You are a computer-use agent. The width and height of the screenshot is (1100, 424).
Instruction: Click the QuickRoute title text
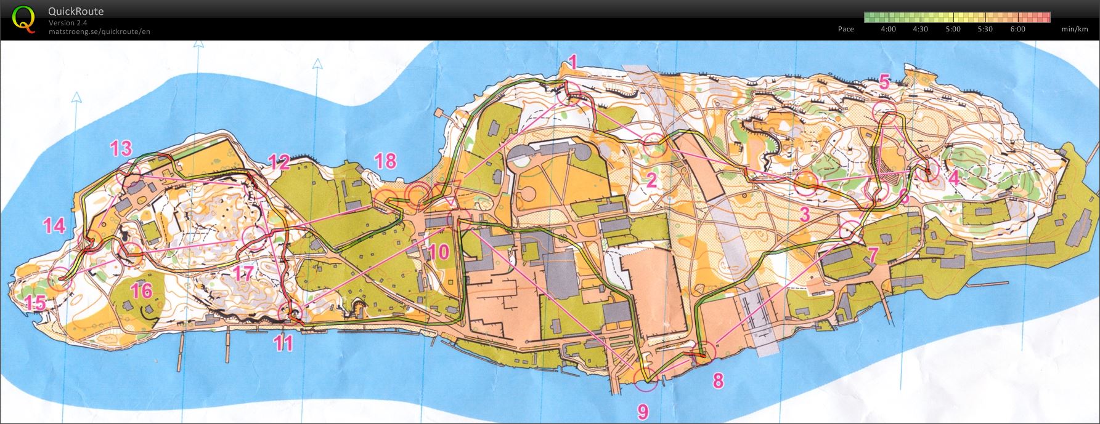coord(76,11)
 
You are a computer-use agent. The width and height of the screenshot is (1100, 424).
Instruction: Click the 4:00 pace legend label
coord(888,29)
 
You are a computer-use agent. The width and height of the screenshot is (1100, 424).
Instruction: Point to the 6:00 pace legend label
coord(1017,29)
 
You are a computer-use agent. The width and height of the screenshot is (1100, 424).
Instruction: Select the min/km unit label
coord(1075,29)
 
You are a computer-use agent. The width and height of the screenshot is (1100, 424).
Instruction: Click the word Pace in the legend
coord(846,29)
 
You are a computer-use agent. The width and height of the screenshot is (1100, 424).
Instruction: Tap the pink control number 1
coord(573,62)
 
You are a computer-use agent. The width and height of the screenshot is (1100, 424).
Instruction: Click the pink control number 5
coord(885,81)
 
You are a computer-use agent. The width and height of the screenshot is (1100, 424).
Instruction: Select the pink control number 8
coord(719,381)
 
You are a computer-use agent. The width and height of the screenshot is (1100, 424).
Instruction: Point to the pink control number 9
coord(643,411)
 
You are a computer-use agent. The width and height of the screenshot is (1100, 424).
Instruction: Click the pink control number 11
coord(283,343)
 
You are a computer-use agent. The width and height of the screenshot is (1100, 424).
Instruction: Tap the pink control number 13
coord(121,148)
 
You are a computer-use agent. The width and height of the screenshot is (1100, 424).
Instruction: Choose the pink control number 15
coord(35,303)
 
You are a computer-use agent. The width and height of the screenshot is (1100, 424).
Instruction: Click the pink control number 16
coord(142,290)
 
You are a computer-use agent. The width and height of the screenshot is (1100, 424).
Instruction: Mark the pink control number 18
coord(385,161)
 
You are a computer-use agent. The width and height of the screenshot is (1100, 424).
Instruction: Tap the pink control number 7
coord(873,254)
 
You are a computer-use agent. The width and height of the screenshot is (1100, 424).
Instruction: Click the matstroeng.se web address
coord(99,31)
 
